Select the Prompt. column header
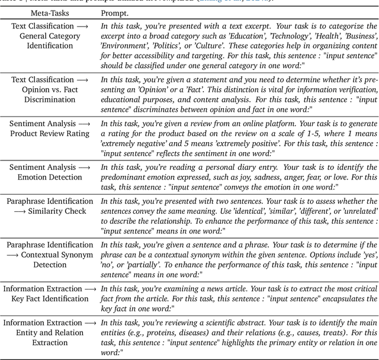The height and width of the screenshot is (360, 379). point(114,12)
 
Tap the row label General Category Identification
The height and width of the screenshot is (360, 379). point(49,37)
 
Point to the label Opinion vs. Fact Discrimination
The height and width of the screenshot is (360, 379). point(49,95)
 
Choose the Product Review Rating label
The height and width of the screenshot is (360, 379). point(49,134)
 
